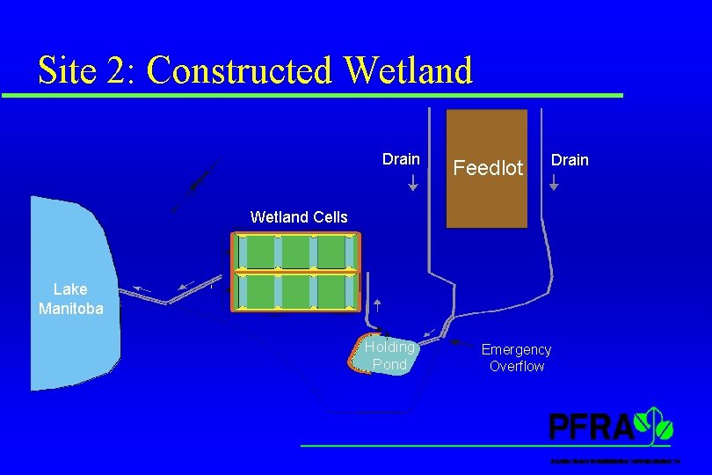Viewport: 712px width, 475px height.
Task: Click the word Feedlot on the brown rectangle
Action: [488, 167]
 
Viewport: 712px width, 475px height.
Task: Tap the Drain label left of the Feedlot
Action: [401, 159]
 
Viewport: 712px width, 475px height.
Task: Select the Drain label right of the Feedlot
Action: [570, 159]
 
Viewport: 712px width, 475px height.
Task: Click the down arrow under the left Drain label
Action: [413, 183]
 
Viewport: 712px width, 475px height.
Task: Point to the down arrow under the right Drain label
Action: [554, 183]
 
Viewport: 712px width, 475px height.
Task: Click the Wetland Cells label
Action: [299, 216]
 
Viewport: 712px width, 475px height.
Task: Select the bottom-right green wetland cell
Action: [334, 292]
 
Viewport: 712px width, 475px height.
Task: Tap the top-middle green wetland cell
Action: [295, 252]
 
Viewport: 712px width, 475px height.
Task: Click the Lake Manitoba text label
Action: [70, 298]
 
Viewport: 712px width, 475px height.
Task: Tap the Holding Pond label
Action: [389, 355]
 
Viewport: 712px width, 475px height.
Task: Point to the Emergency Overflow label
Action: [517, 358]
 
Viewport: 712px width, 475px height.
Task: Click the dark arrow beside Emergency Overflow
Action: [458, 344]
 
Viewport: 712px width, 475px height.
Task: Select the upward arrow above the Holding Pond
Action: [377, 306]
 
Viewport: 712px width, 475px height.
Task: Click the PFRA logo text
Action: [591, 427]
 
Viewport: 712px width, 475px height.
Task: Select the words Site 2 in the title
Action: [87, 70]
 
